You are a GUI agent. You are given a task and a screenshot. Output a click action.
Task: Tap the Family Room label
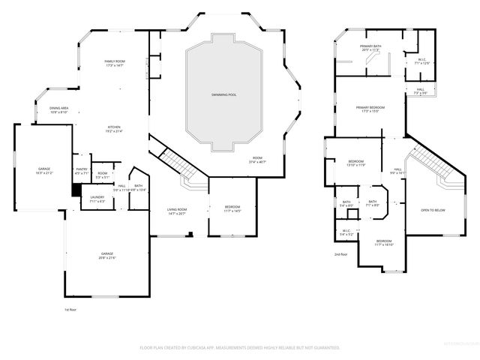click(115, 64)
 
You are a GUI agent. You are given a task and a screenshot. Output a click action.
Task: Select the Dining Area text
click(59, 110)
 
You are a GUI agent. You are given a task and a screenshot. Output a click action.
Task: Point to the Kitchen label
click(114, 129)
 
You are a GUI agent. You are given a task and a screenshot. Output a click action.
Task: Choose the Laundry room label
click(97, 199)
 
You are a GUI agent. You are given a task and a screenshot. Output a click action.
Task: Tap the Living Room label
click(176, 212)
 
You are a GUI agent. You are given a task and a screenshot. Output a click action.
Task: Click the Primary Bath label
click(370, 48)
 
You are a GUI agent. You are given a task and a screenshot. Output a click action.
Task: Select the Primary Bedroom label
click(371, 109)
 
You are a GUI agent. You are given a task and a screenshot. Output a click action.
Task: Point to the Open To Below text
click(433, 210)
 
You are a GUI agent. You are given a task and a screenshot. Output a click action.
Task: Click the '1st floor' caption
click(70, 309)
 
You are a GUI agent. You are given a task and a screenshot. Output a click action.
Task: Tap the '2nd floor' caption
click(342, 254)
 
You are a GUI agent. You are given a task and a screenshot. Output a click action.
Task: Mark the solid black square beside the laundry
click(76, 190)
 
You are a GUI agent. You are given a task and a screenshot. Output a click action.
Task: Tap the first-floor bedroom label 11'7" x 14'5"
click(233, 209)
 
